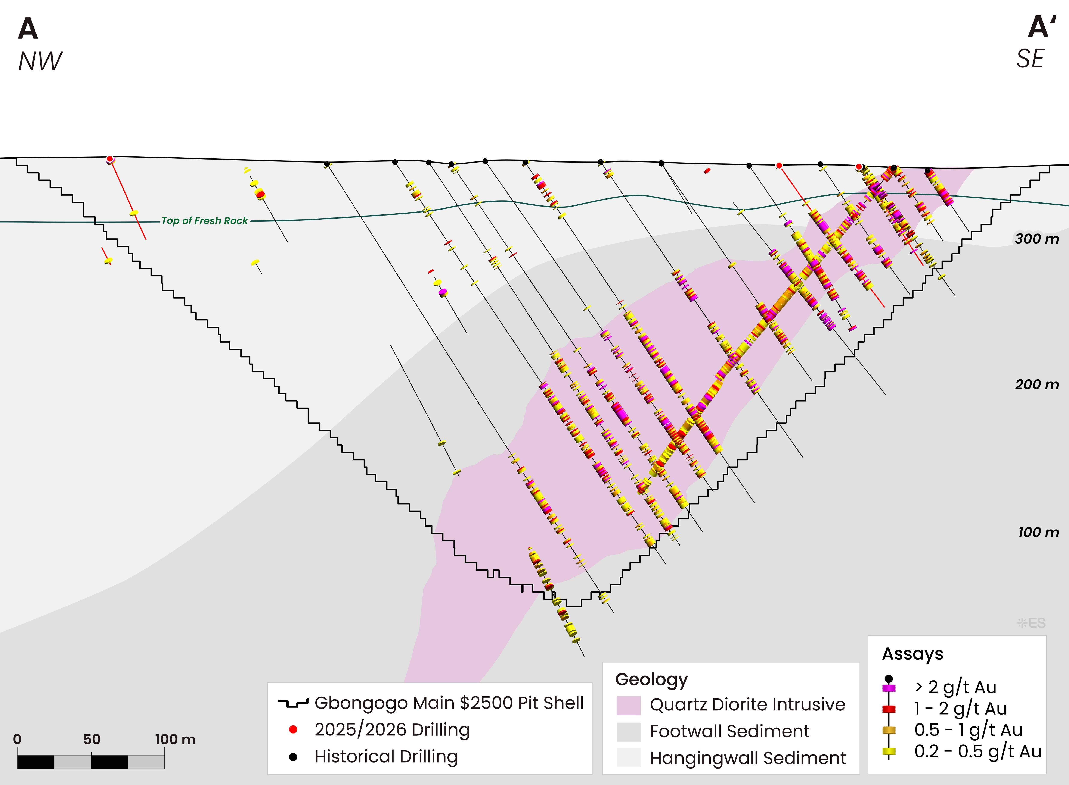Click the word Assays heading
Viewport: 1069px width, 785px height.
tap(912, 654)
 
